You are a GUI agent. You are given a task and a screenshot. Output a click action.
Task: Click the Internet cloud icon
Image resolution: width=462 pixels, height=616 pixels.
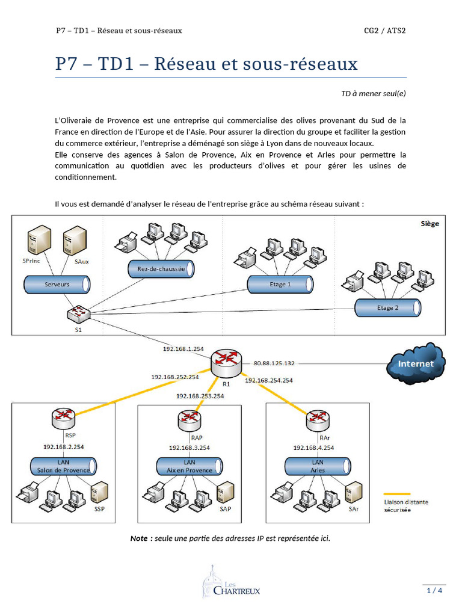(416, 363)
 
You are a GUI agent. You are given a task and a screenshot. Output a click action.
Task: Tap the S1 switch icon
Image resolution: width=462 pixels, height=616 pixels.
(77, 313)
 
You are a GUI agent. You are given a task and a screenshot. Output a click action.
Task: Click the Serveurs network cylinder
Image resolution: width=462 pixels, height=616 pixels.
(57, 284)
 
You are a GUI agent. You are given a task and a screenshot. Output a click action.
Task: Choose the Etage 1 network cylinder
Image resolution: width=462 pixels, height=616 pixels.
(280, 283)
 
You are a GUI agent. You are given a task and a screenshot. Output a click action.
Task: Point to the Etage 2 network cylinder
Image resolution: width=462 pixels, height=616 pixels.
(387, 308)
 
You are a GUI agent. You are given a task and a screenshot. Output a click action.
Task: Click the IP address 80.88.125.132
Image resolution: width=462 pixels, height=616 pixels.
(274, 363)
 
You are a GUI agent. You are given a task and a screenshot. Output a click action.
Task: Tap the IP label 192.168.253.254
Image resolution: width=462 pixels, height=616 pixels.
(200, 396)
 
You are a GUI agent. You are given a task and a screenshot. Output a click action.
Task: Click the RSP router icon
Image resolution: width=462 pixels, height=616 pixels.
(63, 417)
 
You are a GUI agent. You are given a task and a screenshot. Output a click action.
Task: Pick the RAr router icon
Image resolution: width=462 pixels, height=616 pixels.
(317, 419)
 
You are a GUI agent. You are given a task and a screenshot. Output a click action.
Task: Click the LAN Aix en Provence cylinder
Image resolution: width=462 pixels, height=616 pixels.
(189, 466)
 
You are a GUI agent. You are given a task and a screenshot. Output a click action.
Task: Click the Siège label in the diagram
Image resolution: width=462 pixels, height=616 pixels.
(430, 224)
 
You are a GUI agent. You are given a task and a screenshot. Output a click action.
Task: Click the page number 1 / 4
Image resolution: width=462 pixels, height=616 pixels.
(434, 590)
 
